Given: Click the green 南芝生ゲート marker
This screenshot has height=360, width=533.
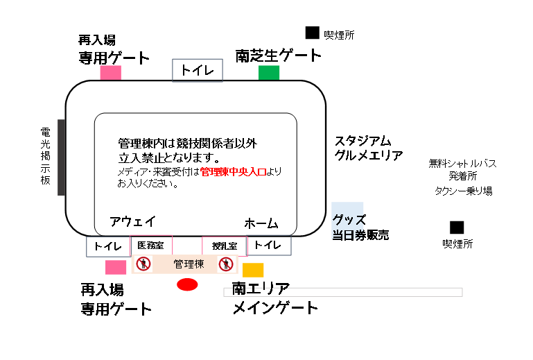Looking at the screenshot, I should point(269,73).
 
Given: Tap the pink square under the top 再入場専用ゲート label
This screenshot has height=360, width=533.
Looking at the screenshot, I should point(111,73).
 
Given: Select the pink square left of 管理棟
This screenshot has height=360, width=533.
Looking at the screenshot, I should point(116,267).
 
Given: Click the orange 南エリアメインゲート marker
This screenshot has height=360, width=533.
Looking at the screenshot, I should point(253,270).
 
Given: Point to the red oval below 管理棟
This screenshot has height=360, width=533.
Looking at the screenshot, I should point(188,284).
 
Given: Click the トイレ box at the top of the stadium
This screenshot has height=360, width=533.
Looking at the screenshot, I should point(198,70).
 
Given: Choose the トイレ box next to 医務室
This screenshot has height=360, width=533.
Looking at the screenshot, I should point(107,246).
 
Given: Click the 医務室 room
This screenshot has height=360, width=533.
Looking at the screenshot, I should point(151,246).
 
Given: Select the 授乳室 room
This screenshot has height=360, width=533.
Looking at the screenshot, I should point(225,246).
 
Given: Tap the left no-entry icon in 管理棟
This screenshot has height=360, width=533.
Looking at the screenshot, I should point(143,264).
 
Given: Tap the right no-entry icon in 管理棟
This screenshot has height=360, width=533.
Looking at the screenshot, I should point(225,264).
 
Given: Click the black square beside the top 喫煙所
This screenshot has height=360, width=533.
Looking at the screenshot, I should point(313,33).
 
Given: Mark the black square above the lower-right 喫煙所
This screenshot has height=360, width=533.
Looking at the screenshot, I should point(456,227).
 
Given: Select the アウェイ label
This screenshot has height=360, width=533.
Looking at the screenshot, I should point(132,221).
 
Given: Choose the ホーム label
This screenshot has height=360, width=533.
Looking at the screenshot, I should point(261,224).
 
